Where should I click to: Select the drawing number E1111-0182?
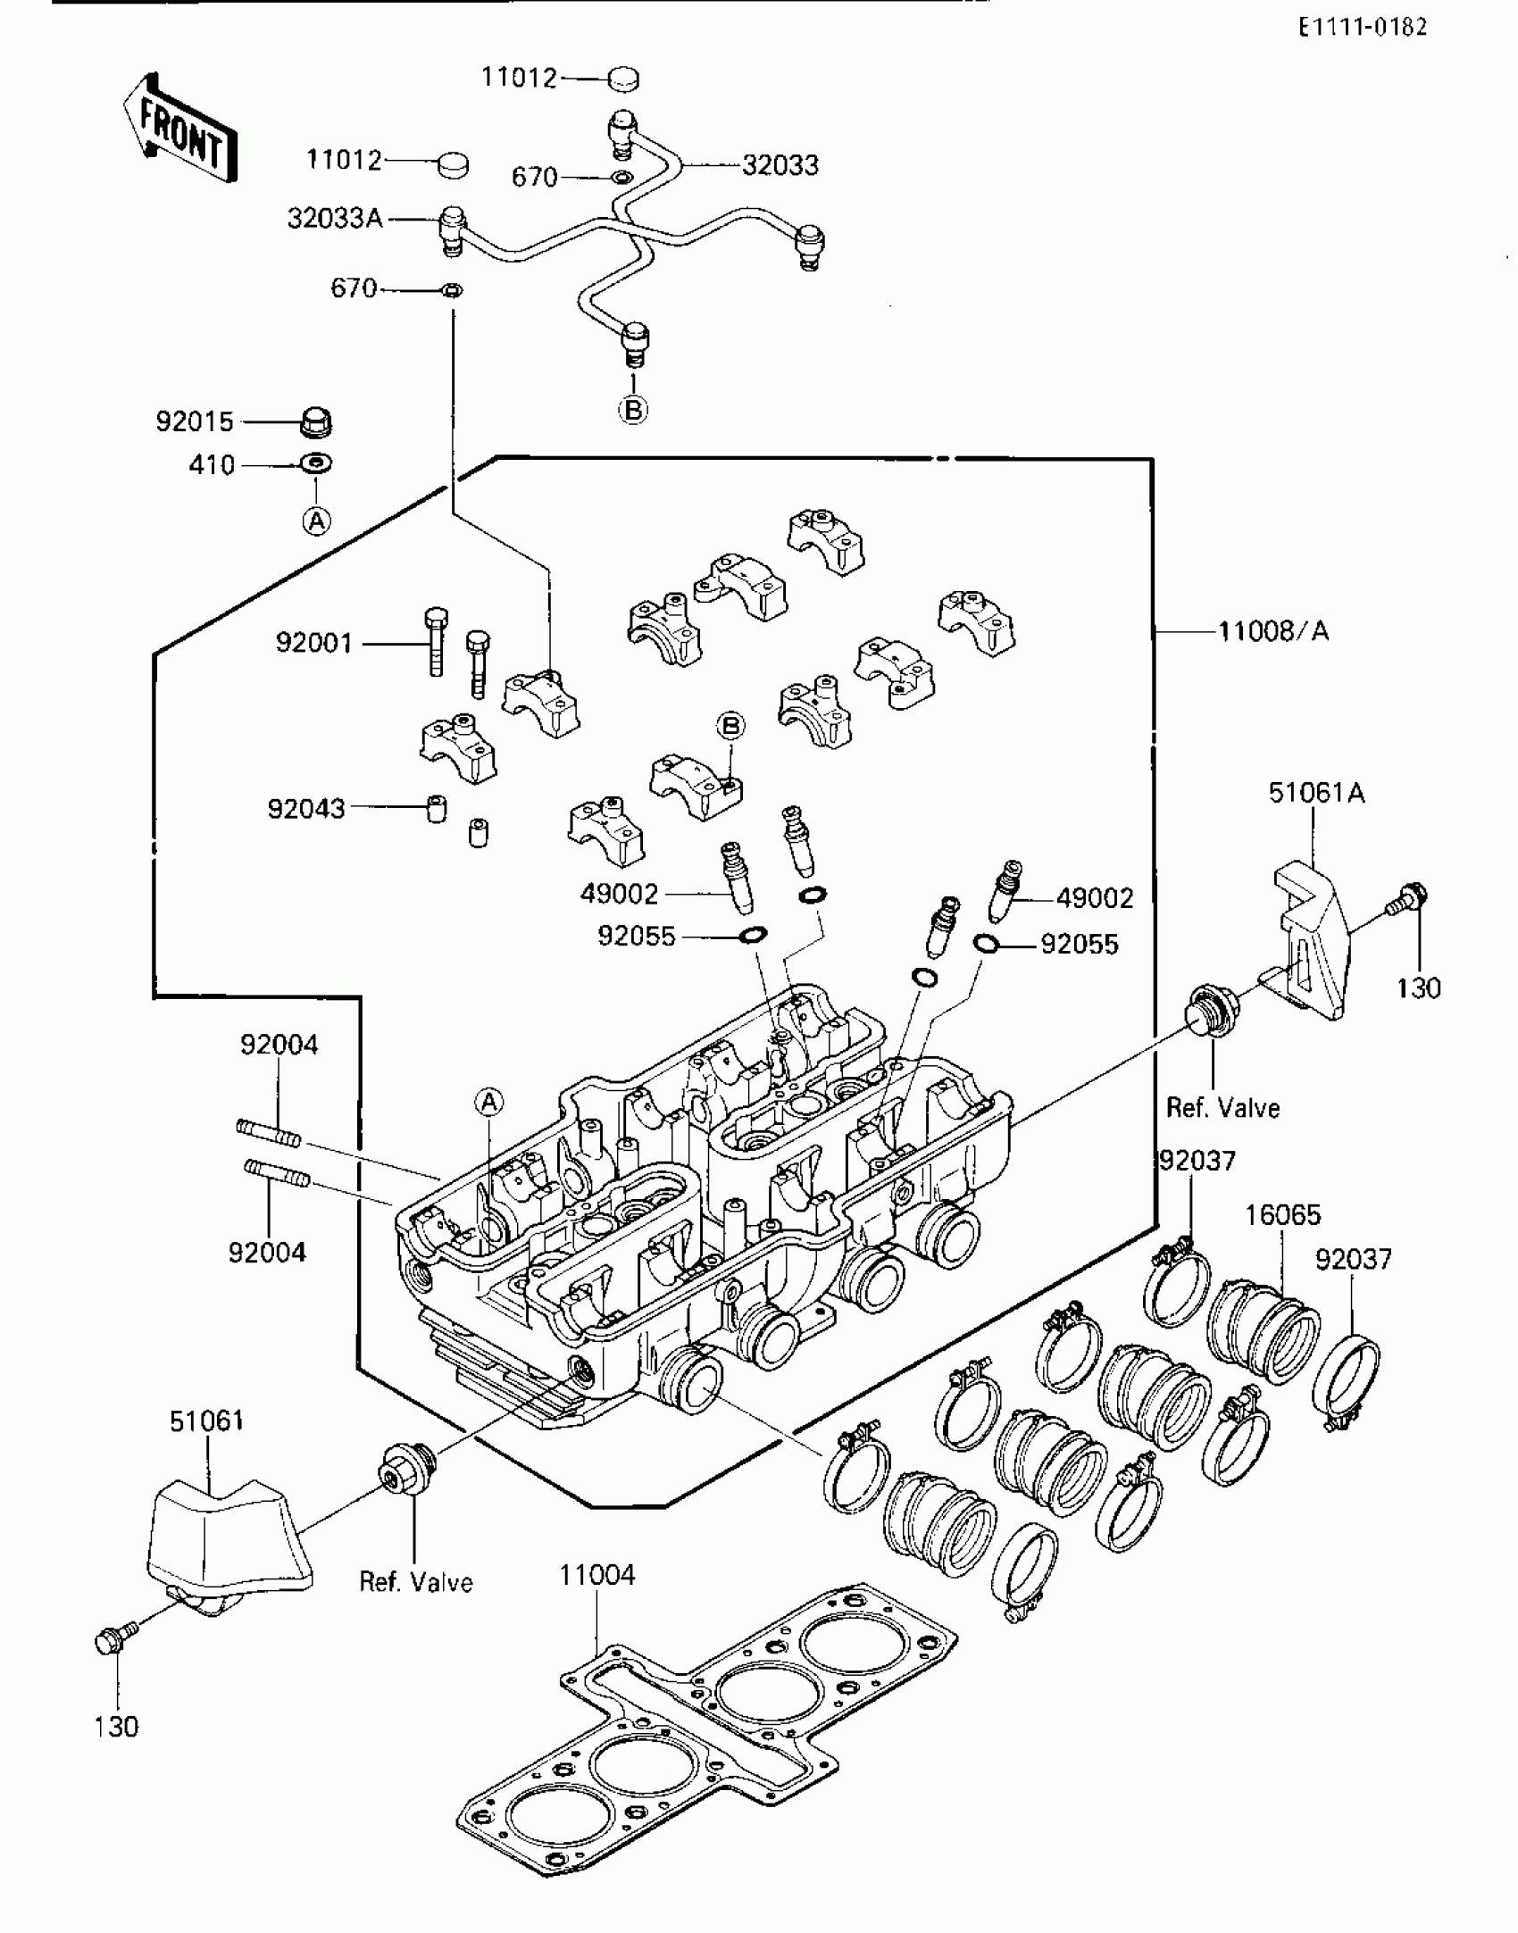coord(1363,27)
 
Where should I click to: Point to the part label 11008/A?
coord(1274,631)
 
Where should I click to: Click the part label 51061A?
coord(1317,792)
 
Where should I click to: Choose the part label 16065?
coord(1283,1214)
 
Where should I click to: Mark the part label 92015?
coord(195,421)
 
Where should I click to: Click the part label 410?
coord(212,465)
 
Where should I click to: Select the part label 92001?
coord(314,643)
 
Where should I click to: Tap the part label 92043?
coord(306,808)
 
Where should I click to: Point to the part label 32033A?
coord(335,218)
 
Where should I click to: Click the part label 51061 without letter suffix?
coord(206,1421)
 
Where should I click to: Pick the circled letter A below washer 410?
coord(317,521)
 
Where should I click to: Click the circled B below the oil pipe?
coord(633,410)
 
